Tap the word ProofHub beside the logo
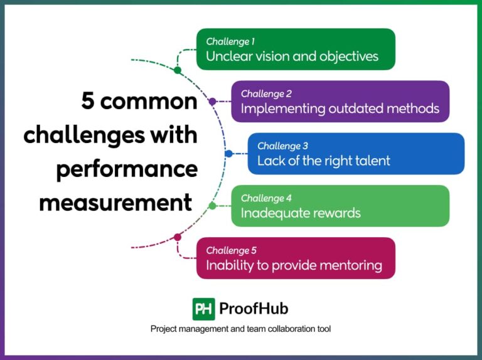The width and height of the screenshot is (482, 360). point(254,309)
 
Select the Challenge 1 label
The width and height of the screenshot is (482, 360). point(230,42)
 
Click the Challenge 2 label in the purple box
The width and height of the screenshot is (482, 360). point(266,94)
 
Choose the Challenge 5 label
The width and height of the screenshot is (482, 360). point(231,250)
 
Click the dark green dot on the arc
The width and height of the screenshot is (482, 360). point(178,70)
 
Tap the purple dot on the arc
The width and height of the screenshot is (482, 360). point(212,101)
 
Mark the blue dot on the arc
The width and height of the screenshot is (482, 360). point(228,153)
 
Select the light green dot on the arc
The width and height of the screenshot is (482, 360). point(212,205)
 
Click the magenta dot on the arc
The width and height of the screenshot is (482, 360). point(178,237)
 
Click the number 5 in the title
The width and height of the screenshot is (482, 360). point(88,102)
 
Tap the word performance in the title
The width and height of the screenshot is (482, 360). point(127,169)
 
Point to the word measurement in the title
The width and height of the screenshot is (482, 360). point(115,203)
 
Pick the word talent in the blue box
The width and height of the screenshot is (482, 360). point(373,161)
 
